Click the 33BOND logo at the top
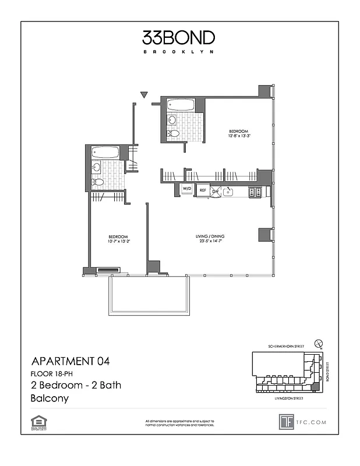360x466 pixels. [179, 38]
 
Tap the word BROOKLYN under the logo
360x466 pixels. [179, 52]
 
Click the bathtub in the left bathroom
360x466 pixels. [105, 153]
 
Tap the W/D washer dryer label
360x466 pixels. [187, 190]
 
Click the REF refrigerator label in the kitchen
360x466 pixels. [203, 190]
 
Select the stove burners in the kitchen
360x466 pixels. [255, 191]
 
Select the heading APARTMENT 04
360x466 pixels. [69, 361]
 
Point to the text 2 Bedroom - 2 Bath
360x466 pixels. [75, 386]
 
